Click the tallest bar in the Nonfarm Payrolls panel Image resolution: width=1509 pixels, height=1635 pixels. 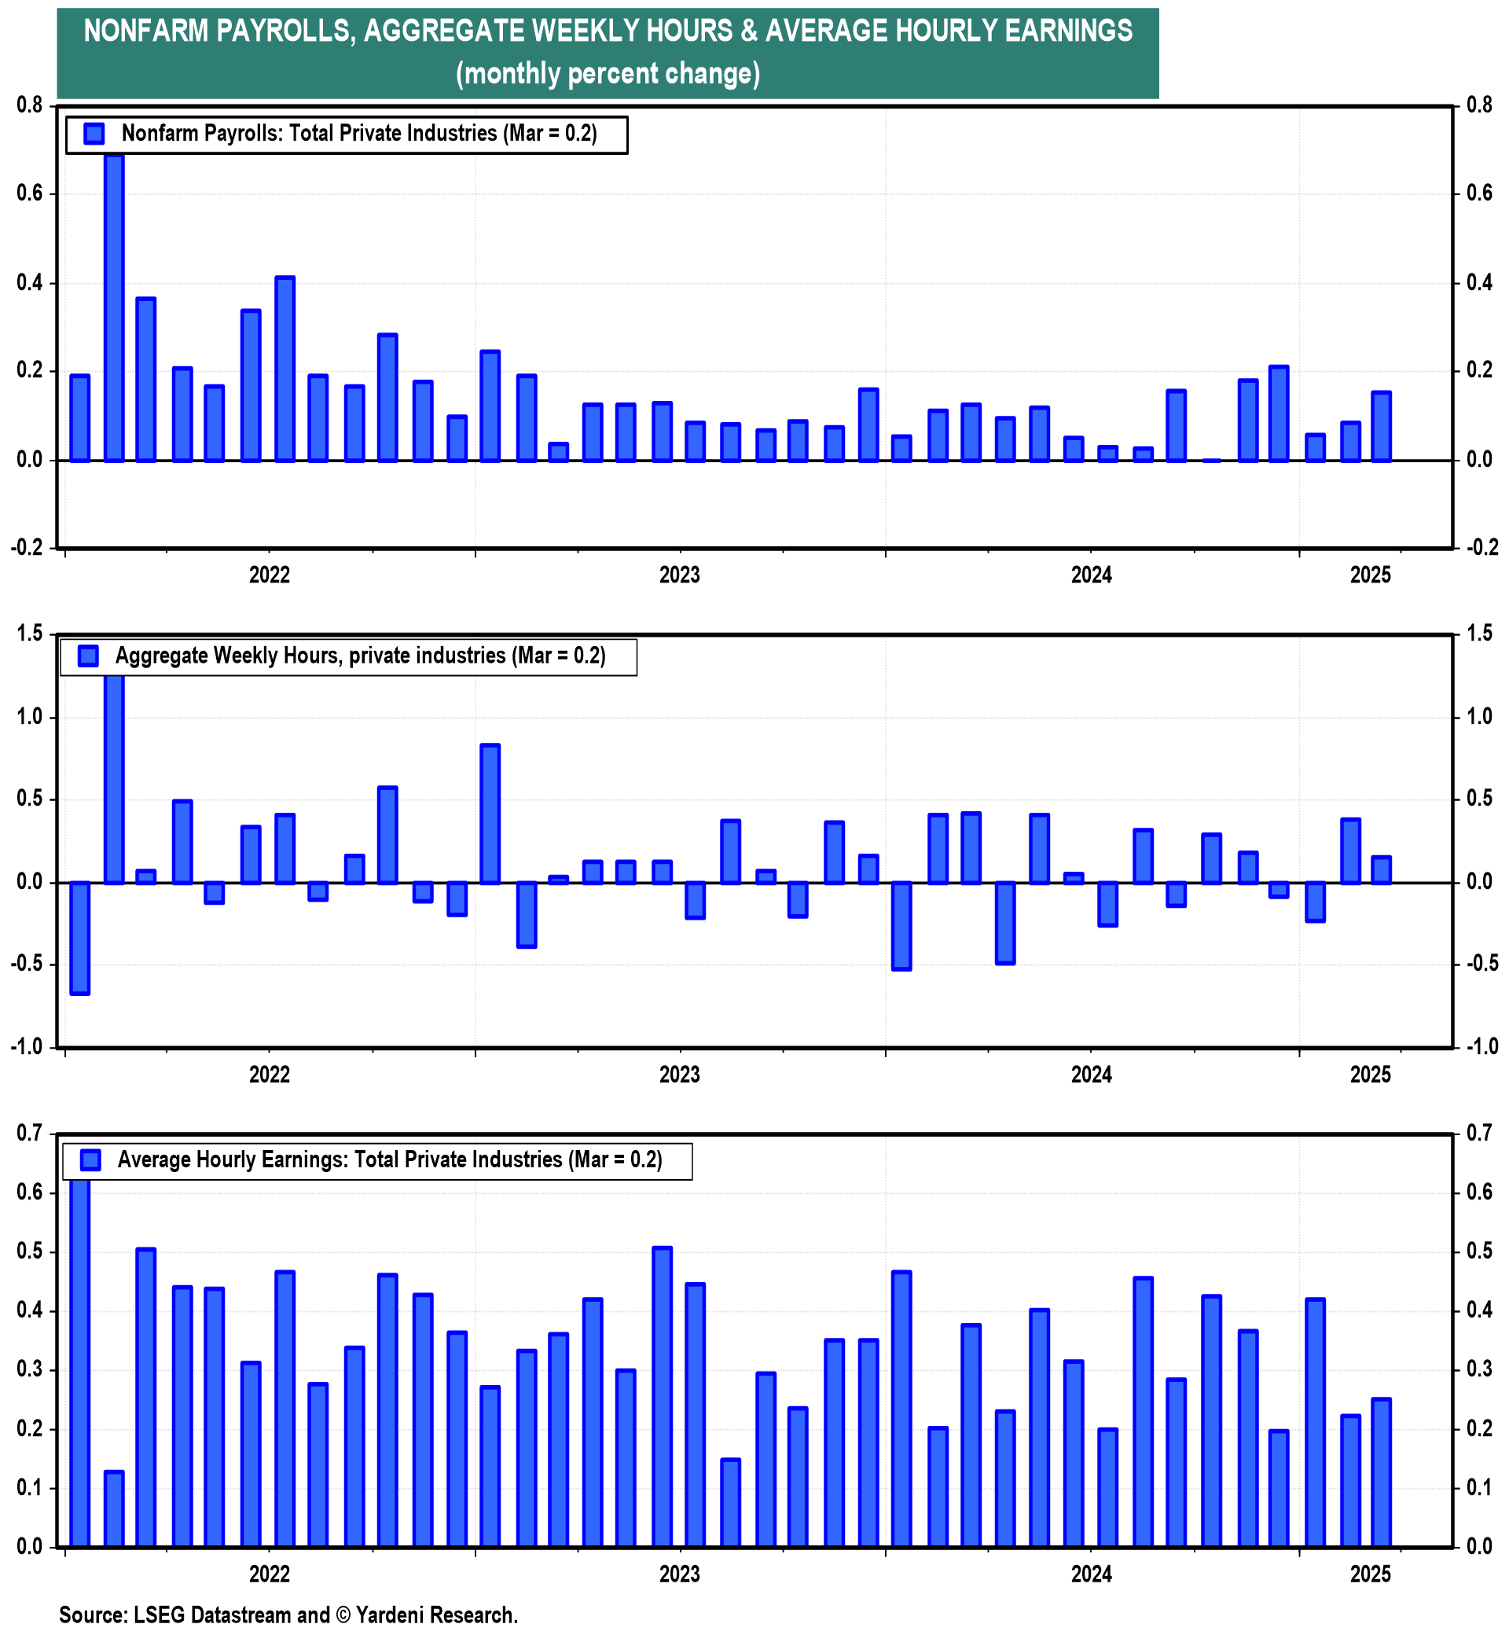pyautogui.click(x=114, y=307)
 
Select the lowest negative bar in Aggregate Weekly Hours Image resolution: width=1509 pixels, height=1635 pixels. pyautogui.click(x=80, y=938)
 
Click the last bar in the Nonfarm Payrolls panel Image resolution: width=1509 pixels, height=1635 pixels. pyautogui.click(x=1381, y=426)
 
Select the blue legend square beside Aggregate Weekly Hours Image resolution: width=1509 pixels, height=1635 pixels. pyautogui.click(x=88, y=656)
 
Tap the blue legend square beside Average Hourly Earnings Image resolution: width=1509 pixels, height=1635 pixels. pyautogui.click(x=90, y=1159)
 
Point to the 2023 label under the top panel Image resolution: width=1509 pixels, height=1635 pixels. pyautogui.click(x=679, y=575)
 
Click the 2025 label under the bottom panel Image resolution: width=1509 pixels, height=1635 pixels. pyautogui.click(x=1371, y=1574)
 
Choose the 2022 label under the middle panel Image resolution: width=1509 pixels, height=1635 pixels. pyautogui.click(x=270, y=1074)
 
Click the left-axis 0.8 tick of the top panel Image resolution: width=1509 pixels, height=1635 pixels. pyautogui.click(x=29, y=105)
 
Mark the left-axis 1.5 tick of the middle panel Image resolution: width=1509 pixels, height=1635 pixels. pyautogui.click(x=29, y=633)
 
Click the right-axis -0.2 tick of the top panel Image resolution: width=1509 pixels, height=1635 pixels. pyautogui.click(x=1482, y=548)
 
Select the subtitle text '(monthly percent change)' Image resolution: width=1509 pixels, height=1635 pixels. pyautogui.click(x=608, y=74)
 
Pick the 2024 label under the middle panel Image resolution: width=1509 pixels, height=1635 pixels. pyautogui.click(x=1092, y=1074)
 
